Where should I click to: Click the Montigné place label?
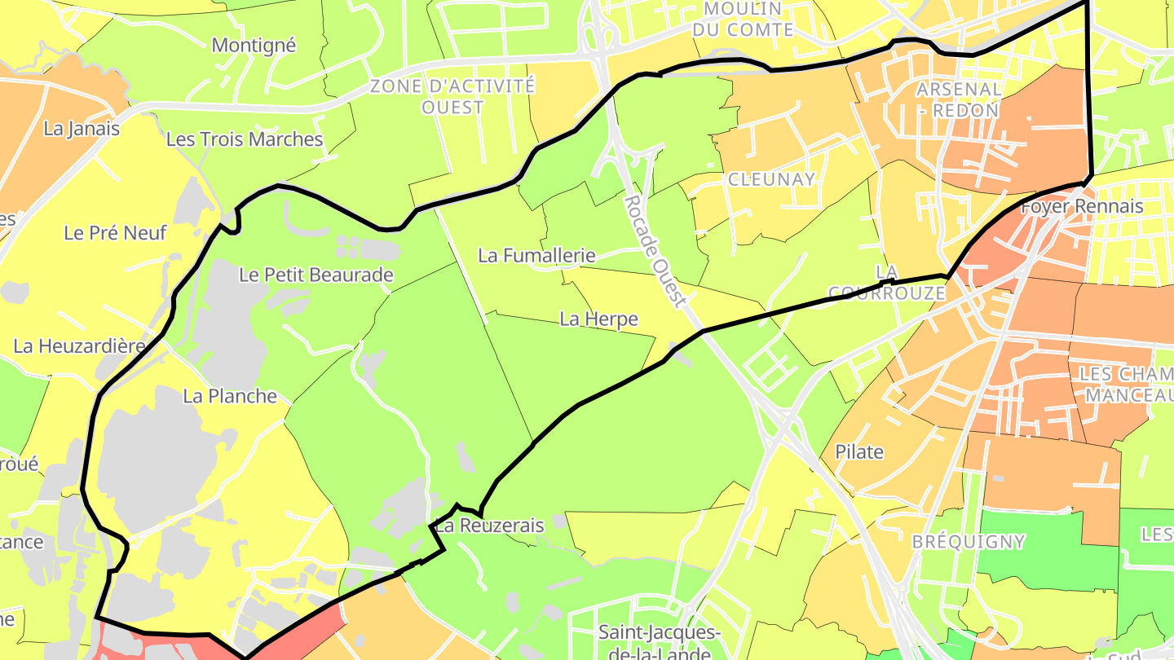tap(254, 46)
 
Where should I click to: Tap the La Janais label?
tap(82, 129)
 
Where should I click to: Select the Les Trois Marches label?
tap(245, 139)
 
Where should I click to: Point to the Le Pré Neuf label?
tap(115, 233)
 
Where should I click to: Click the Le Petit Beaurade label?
tap(316, 275)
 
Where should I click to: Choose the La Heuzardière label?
tap(79, 346)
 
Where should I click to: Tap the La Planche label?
tap(230, 396)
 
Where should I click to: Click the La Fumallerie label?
tap(536, 256)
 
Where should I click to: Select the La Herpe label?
tap(598, 319)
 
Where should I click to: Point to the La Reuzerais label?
tap(489, 526)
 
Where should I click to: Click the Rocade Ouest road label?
tap(655, 251)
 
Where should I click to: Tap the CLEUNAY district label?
tap(771, 179)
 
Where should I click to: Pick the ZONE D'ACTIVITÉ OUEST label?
tap(453, 96)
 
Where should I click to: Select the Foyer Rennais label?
tap(1082, 207)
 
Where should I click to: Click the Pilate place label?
tap(859, 451)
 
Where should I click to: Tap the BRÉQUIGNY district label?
tap(969, 542)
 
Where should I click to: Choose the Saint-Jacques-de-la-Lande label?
tap(659, 641)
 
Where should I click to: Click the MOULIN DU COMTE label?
tap(743, 19)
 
